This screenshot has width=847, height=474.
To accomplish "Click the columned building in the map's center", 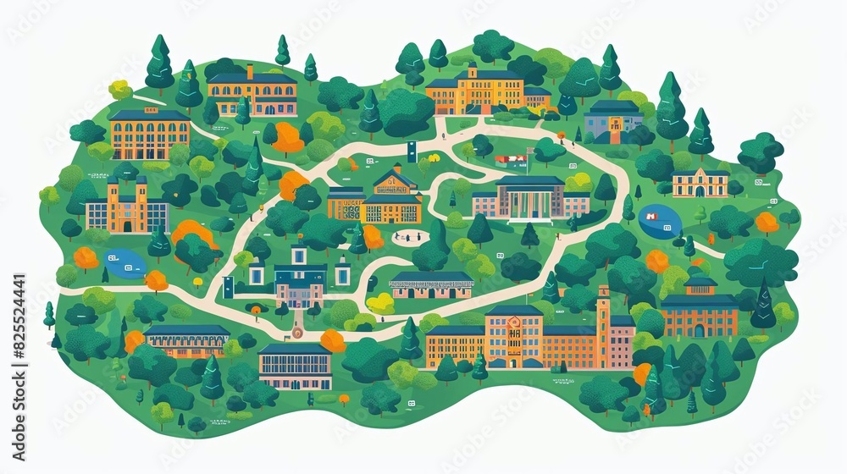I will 530,199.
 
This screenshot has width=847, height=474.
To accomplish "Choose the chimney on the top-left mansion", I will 250,70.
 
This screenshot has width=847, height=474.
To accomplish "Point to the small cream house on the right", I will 700,183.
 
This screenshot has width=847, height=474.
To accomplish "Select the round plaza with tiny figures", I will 408,237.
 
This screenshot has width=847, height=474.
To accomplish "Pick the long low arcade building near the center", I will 431,285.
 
